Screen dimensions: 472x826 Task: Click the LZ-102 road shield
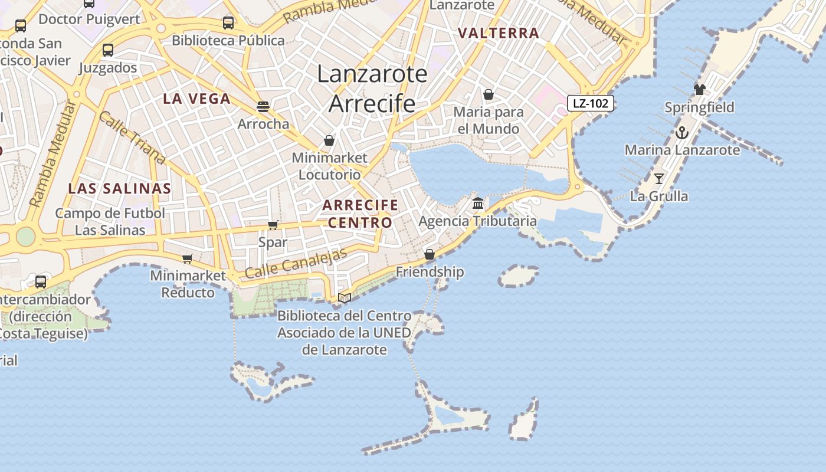point(591,103)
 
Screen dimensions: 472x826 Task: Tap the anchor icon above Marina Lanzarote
point(682,132)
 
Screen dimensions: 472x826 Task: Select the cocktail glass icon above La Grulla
point(659,178)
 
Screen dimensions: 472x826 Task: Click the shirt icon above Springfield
point(699,90)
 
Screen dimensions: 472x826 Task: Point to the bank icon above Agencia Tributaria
point(478,204)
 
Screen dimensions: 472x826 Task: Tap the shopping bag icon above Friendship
point(430,254)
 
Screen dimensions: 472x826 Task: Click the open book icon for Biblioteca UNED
point(345,299)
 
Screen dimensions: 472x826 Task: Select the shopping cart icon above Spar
point(273,225)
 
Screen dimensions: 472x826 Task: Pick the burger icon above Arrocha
point(263,106)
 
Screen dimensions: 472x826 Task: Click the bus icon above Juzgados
point(107,50)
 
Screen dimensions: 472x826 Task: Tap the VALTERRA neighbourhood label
point(499,33)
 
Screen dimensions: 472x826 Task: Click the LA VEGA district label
point(196,99)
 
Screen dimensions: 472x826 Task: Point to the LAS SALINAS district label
point(119,189)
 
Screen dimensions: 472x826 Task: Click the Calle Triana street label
point(132,137)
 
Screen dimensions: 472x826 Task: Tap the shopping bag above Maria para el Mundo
point(489,94)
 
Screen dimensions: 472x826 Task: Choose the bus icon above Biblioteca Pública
point(228,23)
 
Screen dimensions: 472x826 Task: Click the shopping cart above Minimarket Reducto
point(188,258)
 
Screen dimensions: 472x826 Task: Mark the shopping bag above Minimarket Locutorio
point(329,140)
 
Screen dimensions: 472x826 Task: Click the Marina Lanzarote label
point(682,150)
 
